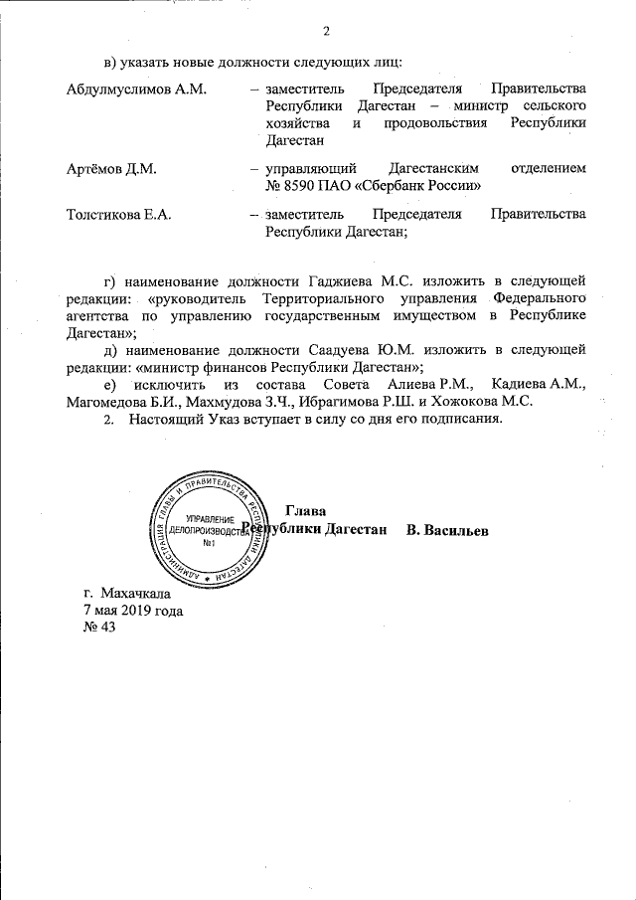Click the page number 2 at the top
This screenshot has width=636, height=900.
pyautogui.click(x=325, y=28)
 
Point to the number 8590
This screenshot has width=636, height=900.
pyautogui.click(x=305, y=185)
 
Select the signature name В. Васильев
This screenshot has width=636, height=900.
pyautogui.click(x=447, y=529)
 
